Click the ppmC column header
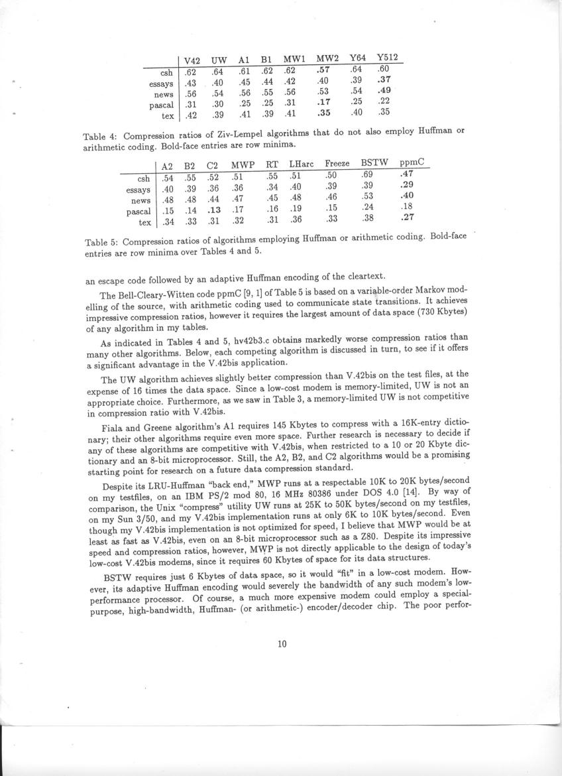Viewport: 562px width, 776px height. pos(411,162)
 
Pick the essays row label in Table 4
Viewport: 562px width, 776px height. pos(161,84)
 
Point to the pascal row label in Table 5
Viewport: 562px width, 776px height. pos(140,211)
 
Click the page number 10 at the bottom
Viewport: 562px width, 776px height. pos(282,643)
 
